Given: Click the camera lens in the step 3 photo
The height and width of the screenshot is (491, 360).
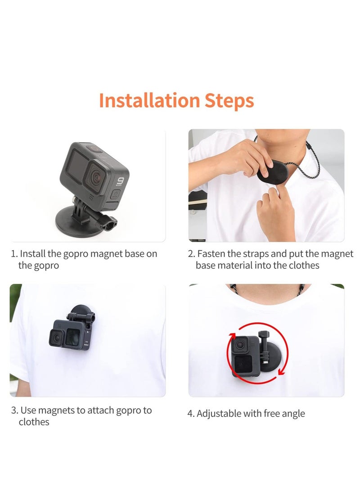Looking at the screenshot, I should point(57,336).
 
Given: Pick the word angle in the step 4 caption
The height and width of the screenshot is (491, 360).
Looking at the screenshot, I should point(293,414).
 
